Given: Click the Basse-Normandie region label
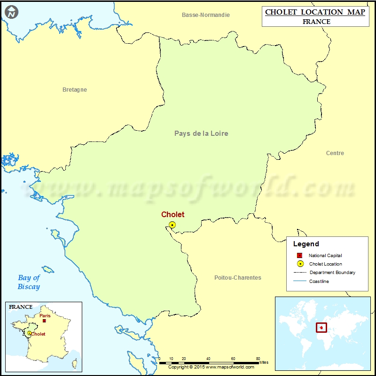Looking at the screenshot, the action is pos(206,15).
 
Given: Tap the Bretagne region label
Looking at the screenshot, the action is pos(75,90).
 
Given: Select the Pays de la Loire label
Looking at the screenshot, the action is pos(201,133).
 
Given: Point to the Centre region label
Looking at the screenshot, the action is pos(335,153).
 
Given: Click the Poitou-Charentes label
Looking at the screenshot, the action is pos(237,278).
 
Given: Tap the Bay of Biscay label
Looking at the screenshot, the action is pos(29,282).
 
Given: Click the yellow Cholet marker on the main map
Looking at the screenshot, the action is pos(172,225).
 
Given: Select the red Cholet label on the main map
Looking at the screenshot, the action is pos(173,214).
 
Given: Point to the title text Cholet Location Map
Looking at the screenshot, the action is pos(315,12).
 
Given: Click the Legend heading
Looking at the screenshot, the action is pos(306,244).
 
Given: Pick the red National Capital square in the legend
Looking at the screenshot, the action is pos(300,255).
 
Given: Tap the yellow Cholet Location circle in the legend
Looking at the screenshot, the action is pos(300,264).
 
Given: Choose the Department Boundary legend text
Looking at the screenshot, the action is pos(332,273).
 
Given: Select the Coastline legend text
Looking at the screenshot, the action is pos(319,282).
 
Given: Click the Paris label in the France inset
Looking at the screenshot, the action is pos(45,316).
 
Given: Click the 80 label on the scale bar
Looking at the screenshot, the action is pos(258,359).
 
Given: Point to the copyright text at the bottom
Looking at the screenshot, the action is pos(211,367).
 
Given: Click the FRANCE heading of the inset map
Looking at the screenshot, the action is pos(21,307).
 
